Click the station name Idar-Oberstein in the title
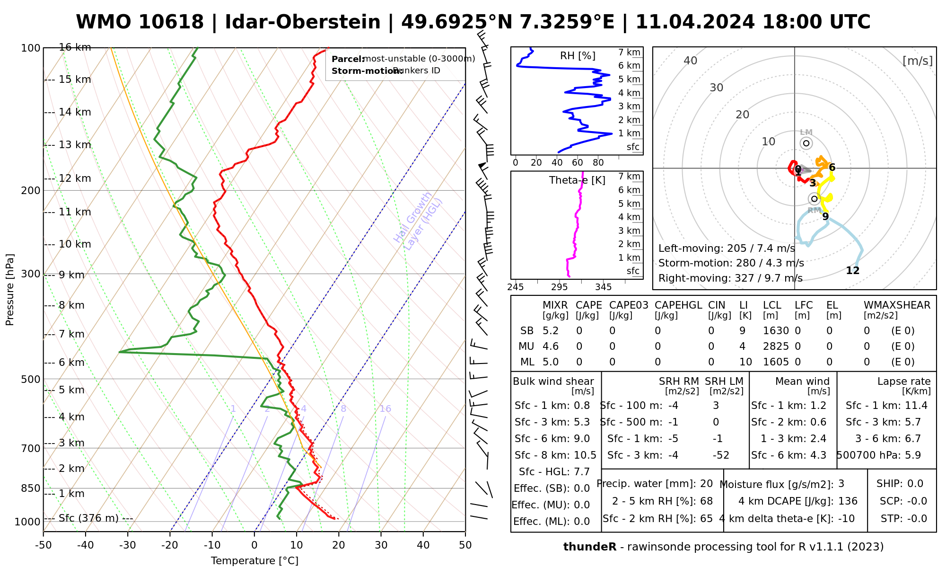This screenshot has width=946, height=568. point(303,22)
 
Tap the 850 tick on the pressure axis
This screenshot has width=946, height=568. point(31,488)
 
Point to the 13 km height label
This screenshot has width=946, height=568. point(75,145)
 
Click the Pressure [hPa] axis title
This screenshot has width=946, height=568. point(10,290)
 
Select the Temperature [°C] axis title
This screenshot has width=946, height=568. point(254,561)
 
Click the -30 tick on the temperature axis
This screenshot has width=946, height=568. point(127,545)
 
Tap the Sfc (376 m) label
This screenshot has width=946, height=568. point(88,518)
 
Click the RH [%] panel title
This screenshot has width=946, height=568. point(578,56)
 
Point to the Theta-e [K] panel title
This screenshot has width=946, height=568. point(577,180)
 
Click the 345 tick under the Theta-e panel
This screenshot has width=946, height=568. point(603,287)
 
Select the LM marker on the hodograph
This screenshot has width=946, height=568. point(806,143)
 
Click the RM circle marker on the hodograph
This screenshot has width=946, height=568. point(814,199)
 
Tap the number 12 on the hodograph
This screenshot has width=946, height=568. point(852,271)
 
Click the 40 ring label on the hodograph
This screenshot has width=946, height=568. point(691,61)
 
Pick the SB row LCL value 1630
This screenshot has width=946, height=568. point(776,331)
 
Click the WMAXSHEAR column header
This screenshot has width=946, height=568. point(897,305)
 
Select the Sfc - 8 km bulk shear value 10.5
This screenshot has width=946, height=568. point(585,455)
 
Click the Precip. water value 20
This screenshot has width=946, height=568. point(706,484)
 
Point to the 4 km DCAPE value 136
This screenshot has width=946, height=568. point(848,501)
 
